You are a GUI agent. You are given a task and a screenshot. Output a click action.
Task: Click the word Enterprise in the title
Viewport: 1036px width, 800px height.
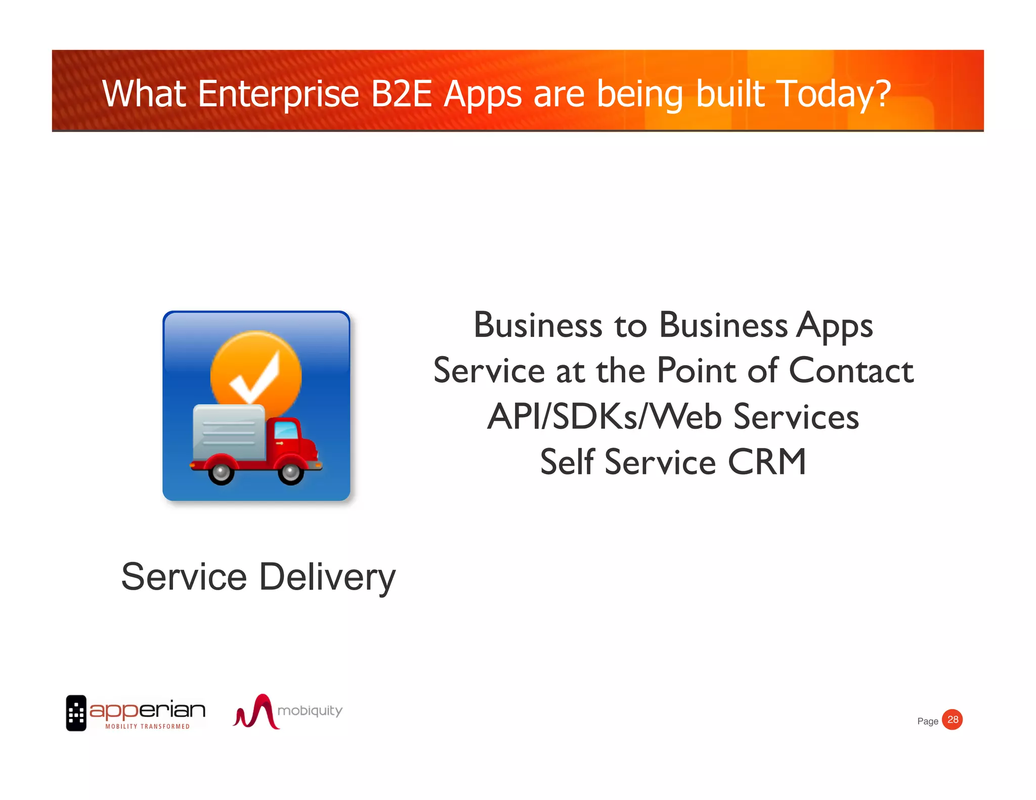pos(278,94)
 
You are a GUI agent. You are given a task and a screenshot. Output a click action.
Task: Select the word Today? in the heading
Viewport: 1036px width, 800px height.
pos(834,94)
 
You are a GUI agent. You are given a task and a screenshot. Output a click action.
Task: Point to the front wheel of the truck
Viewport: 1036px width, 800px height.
pos(290,472)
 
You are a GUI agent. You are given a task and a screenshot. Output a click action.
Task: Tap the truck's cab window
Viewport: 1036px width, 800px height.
pos(286,430)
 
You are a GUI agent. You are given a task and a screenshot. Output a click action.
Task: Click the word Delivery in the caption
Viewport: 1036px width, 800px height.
pos(327,577)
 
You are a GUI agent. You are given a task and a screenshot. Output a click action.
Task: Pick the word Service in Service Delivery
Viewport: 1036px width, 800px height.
pos(184,577)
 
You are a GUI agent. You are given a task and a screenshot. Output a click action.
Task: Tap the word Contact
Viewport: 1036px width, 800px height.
pos(851,371)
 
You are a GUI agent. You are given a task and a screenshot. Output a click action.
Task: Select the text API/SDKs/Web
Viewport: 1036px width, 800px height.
pos(605,417)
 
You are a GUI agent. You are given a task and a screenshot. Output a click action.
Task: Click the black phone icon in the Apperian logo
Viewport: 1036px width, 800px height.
pos(76,713)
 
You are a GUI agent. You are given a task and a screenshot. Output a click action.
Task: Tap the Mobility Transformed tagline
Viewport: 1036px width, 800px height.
pos(147,727)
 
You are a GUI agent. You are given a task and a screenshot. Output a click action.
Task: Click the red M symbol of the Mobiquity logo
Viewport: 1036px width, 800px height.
pos(256,712)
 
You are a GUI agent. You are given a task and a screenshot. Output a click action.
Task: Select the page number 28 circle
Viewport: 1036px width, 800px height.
pos(952,720)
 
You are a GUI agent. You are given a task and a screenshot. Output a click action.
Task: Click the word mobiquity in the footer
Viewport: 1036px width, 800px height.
pos(310,711)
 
